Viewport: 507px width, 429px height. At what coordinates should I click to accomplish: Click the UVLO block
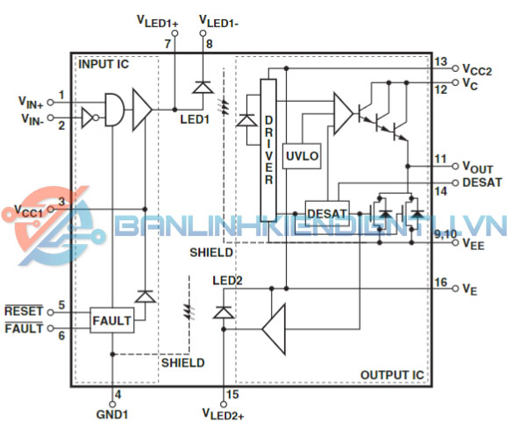click(302, 156)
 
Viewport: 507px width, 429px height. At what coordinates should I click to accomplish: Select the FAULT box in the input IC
click(112, 320)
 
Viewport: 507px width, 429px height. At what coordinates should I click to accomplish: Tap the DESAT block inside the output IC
click(327, 213)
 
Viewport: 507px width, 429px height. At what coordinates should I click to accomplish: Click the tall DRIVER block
click(268, 150)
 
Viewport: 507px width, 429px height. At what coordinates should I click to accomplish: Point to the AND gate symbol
click(114, 110)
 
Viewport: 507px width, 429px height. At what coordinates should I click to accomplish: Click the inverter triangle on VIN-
click(88, 118)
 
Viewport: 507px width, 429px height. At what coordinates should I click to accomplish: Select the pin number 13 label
click(440, 61)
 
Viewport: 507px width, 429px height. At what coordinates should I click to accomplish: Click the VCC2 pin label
click(477, 69)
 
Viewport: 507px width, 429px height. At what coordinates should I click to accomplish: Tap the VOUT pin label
click(477, 168)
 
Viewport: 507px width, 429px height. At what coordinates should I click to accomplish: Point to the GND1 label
click(112, 414)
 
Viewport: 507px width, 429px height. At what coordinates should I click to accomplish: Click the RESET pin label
click(24, 311)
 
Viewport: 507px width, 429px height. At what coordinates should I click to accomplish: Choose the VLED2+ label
click(223, 414)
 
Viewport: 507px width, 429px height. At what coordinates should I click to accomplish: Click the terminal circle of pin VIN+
click(50, 102)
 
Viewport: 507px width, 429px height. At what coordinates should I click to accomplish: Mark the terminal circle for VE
click(455, 289)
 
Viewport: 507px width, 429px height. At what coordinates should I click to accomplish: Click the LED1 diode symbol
click(203, 87)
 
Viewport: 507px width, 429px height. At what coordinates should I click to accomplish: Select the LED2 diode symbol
click(223, 312)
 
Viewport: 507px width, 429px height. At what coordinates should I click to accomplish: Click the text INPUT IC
click(104, 64)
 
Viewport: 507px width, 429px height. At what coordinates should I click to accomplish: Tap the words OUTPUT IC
click(392, 375)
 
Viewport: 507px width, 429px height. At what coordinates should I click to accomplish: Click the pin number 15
click(232, 395)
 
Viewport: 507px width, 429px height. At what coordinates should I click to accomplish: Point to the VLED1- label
click(219, 21)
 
